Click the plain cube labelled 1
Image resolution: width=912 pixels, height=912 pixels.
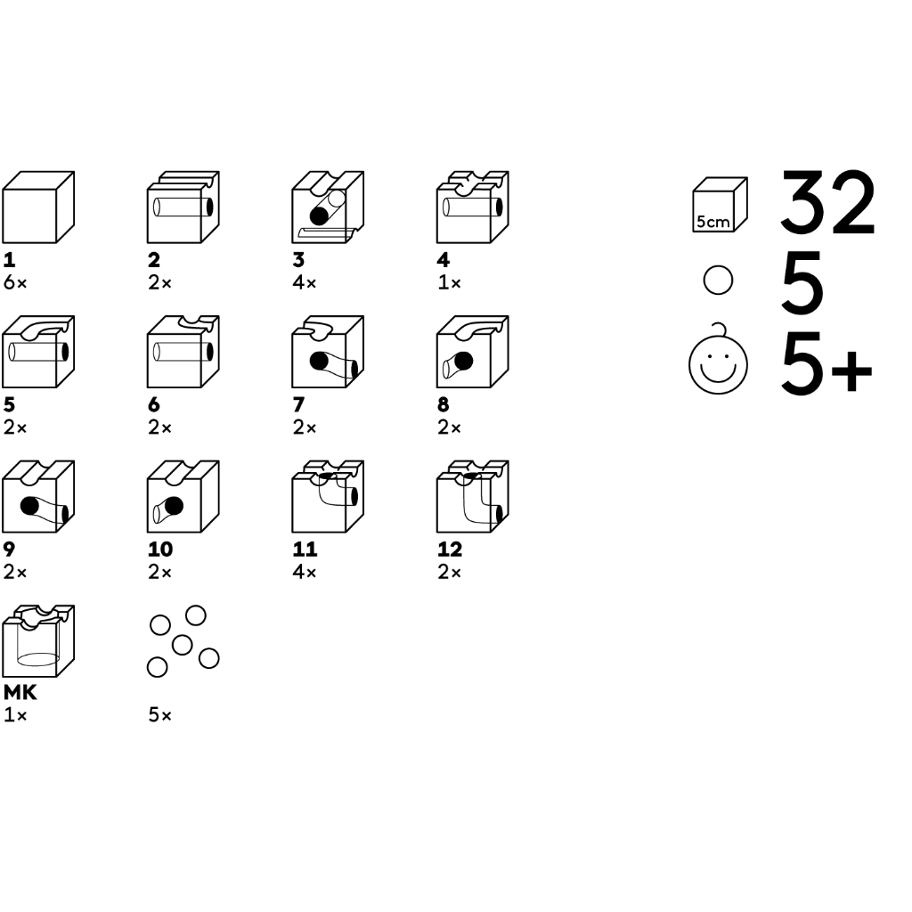tap(38, 207)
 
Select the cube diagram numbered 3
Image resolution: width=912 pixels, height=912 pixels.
tap(328, 207)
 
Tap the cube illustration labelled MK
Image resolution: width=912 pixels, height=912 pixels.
tap(38, 641)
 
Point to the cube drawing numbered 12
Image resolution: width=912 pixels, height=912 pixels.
tap(473, 496)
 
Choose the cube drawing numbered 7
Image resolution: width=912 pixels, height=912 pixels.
tap(328, 352)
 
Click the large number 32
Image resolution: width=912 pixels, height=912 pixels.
tap(827, 203)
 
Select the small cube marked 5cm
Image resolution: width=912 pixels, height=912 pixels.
tap(720, 205)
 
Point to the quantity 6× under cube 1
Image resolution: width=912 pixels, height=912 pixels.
tap(15, 282)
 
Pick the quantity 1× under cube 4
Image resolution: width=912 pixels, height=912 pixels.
tap(449, 282)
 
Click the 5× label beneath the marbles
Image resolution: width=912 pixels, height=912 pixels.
tap(160, 715)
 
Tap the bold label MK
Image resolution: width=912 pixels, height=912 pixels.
tap(20, 692)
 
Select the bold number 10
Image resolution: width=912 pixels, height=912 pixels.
tap(160, 549)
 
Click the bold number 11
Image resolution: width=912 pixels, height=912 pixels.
tap(305, 549)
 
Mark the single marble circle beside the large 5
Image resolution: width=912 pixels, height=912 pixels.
tap(719, 281)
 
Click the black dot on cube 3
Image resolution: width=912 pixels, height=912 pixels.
tap(319, 216)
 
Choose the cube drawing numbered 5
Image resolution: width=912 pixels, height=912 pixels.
tap(38, 352)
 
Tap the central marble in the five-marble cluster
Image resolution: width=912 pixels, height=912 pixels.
tap(183, 645)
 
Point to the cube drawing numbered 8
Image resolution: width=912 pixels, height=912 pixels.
tap(473, 352)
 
